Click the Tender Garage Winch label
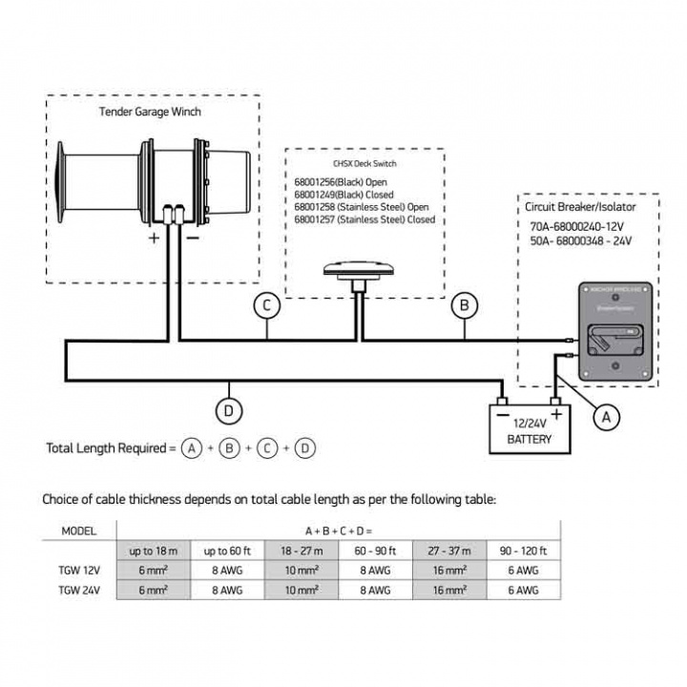pyautogui.click(x=150, y=112)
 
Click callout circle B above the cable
pyautogui.click(x=465, y=305)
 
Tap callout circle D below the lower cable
pyautogui.click(x=229, y=411)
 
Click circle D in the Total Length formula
pyautogui.click(x=304, y=448)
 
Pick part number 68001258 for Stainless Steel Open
pyautogui.click(x=364, y=206)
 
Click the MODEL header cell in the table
pyautogui.click(x=78, y=530)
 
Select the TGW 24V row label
pyautogui.click(x=78, y=591)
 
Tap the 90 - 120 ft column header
pyautogui.click(x=523, y=552)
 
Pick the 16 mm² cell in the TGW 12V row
pyautogui.click(x=448, y=572)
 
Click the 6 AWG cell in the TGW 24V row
pyautogui.click(x=523, y=591)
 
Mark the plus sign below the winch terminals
pyautogui.click(x=155, y=239)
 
